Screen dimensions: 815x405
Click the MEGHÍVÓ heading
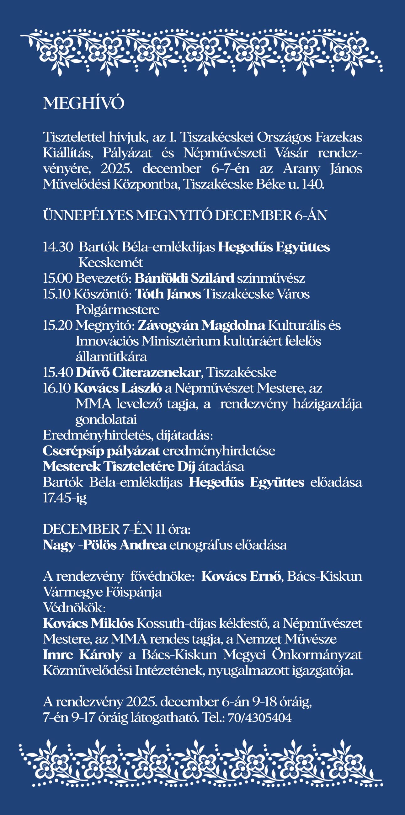(x=83, y=103)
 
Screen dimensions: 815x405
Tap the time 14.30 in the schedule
(x=58, y=247)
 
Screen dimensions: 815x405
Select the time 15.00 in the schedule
(x=58, y=278)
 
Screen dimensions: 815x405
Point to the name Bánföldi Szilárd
(x=184, y=278)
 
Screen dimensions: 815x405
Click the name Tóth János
(x=168, y=294)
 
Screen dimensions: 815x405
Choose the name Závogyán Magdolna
(x=201, y=325)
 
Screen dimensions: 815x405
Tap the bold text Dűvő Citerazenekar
(x=138, y=372)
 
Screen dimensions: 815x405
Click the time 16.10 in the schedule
(x=57, y=388)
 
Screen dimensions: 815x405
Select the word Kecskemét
(x=110, y=263)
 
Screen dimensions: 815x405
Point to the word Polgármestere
(x=117, y=310)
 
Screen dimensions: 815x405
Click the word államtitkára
(x=111, y=357)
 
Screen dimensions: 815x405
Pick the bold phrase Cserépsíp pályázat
(x=101, y=451)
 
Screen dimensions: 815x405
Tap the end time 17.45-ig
(x=65, y=498)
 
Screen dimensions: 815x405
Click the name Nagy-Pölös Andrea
(x=104, y=545)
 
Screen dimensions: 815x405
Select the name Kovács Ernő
(x=241, y=576)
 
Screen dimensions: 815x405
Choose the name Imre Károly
(x=82, y=655)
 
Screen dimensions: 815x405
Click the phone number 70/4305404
(x=259, y=717)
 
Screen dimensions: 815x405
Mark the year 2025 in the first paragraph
(x=116, y=169)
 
